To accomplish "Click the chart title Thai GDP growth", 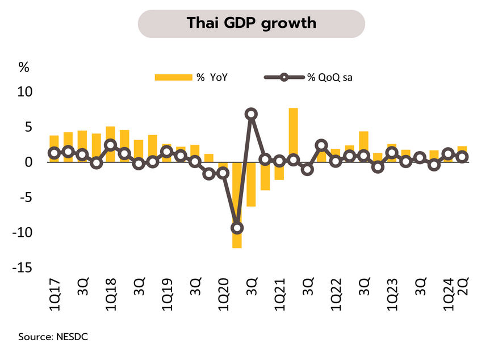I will [252, 24].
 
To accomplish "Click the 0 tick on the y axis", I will [28, 162].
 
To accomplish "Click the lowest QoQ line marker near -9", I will [237, 228].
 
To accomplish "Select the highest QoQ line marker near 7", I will [251, 114].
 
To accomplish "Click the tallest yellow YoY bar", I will [293, 134].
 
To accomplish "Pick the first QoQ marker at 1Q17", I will [54, 153].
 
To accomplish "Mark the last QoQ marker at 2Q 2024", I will [462, 157].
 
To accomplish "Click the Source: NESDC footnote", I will [53, 337].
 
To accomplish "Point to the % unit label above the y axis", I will [24, 68].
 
